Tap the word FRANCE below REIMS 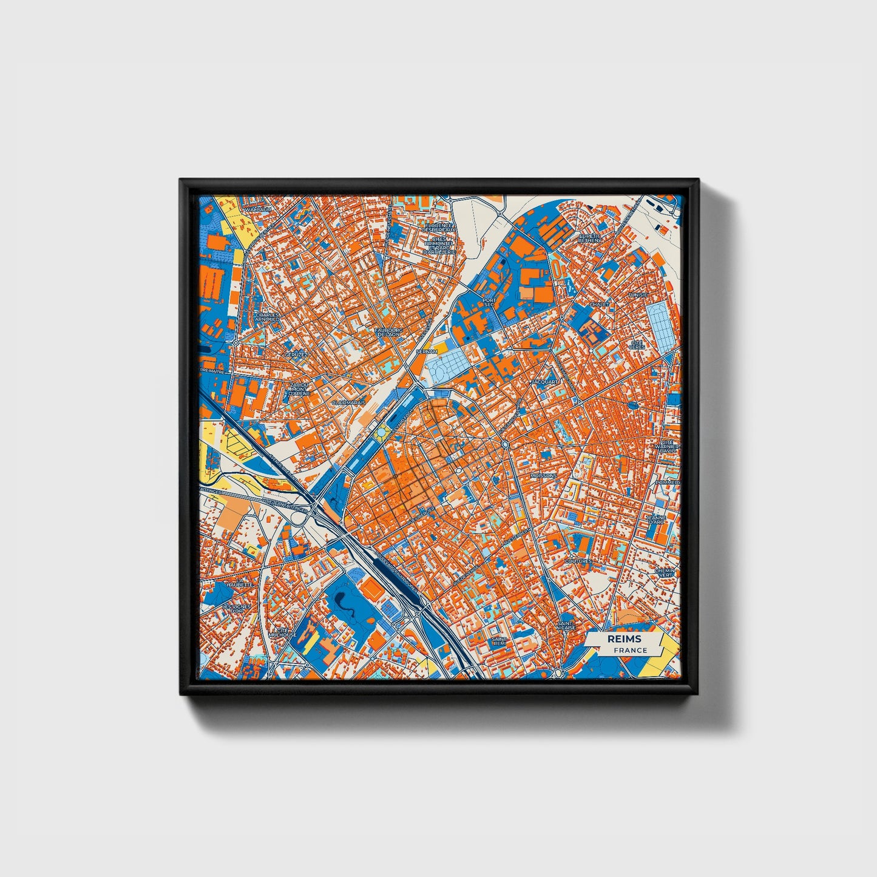point(629,650)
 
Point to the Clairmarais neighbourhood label point(348,402)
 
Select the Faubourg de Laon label point(390,332)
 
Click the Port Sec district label point(489,302)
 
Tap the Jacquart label point(543,382)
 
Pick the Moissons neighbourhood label point(543,476)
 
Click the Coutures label point(578,561)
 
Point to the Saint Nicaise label point(566,626)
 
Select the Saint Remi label point(499,642)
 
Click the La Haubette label point(239,584)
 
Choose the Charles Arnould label point(267,317)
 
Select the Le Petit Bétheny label point(590,238)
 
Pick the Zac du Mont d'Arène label point(299,388)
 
